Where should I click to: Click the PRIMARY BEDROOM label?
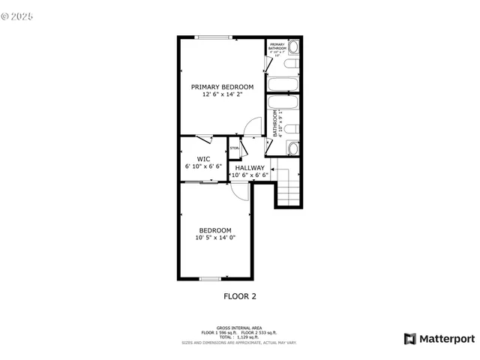(221, 87)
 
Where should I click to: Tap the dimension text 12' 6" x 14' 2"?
(221, 95)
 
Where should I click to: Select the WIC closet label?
(203, 159)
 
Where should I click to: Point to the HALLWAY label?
(250, 167)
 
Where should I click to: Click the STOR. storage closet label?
(234, 148)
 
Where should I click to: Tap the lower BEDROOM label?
(214, 230)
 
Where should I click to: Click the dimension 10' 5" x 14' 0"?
(214, 238)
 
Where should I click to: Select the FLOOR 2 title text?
(240, 296)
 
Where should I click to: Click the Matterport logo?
(439, 339)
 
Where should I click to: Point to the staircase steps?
(289, 187)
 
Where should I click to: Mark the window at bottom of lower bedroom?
(210, 279)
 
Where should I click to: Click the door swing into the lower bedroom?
(240, 192)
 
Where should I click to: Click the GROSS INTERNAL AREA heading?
(239, 328)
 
